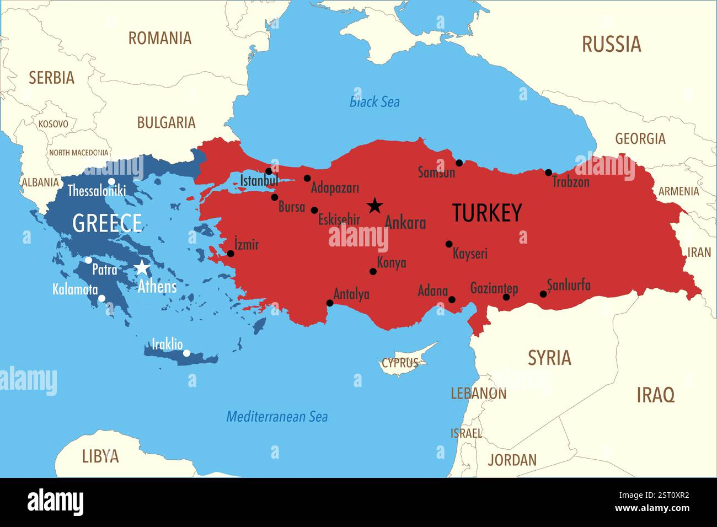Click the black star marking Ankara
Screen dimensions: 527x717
pos(375,206)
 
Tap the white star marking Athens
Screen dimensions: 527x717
pos(142,268)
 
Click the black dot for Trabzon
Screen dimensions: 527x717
pos(548,173)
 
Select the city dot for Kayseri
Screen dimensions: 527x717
pos(449,244)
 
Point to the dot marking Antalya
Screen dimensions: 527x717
pos(330,303)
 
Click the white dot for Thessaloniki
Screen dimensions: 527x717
pos(111,181)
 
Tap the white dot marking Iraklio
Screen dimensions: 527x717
pos(186,353)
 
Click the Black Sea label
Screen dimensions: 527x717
pos(374,102)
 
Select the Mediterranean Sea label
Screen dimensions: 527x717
pos(277,417)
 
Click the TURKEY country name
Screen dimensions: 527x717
pos(486,213)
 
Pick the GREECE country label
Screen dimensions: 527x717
pos(107,223)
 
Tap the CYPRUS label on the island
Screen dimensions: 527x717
pos(400,363)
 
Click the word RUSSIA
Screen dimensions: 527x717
pos(611,44)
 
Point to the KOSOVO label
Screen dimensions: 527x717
pos(53,124)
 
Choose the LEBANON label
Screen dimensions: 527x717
pos(478,394)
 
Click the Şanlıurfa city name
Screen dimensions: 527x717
pos(569,285)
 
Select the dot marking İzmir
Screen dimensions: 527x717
pos(231,254)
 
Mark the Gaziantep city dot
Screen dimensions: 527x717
pos(506,297)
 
